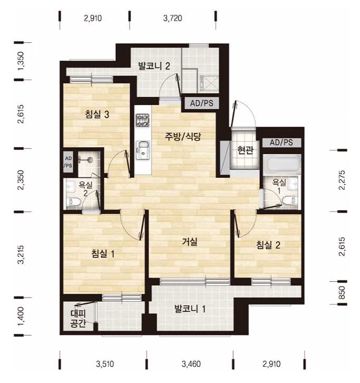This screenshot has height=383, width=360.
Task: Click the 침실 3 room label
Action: point(97,114)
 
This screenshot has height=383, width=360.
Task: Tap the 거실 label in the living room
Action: point(190,242)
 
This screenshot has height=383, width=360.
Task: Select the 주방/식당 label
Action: point(182,136)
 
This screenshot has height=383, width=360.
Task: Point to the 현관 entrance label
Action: point(245,150)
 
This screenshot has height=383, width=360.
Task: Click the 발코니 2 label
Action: point(154,66)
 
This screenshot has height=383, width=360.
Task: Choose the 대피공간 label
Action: point(78,318)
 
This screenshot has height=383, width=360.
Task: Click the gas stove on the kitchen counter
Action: point(142,120)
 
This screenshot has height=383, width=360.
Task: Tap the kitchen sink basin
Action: point(143,150)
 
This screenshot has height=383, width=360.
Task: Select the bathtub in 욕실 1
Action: point(283,165)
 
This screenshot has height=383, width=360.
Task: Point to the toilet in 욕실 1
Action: point(290,200)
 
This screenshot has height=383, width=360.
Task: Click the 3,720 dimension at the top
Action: point(172,18)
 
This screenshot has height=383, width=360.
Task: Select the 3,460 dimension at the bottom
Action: point(191,364)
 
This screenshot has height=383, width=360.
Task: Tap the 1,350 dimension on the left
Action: point(22,61)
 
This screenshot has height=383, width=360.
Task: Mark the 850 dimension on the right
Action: point(342,293)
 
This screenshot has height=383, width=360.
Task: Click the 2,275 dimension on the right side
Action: point(342,180)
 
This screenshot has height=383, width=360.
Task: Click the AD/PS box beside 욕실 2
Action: point(68,162)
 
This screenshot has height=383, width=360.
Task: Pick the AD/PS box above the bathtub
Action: point(281,142)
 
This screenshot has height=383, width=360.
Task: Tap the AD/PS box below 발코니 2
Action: point(201,103)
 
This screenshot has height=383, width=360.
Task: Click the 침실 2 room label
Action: point(268,245)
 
